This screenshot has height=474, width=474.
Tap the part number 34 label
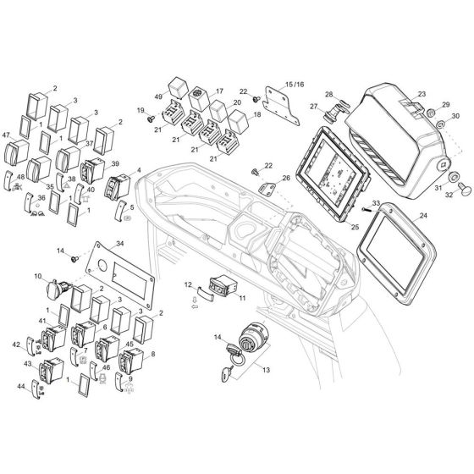[118, 245]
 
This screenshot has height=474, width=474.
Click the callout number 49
[158, 97]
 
